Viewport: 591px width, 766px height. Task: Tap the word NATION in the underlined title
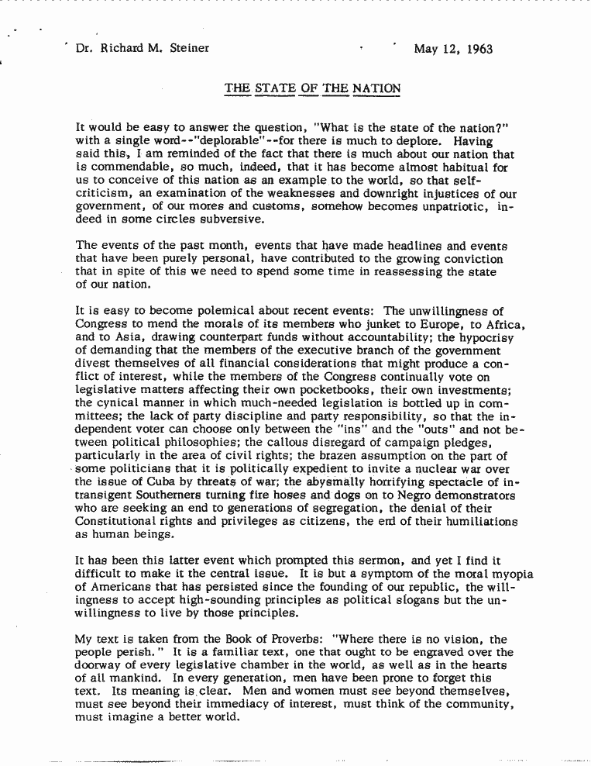pos(376,88)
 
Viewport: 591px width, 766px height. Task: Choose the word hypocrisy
pos(488,336)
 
